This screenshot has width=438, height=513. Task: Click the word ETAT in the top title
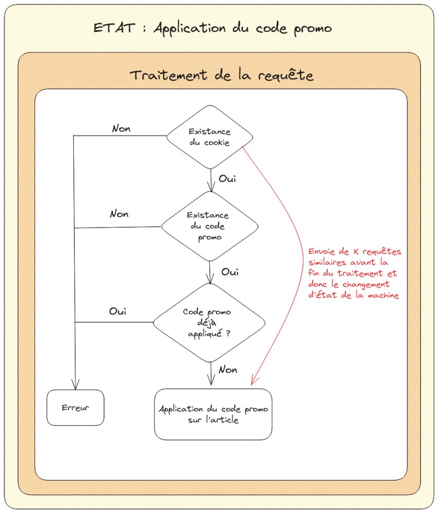(x=110, y=28)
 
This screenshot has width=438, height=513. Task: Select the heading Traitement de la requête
(x=221, y=75)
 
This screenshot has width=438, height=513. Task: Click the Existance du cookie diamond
(x=210, y=137)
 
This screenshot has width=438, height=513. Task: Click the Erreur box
(x=75, y=408)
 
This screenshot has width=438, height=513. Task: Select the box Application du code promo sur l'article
(x=213, y=415)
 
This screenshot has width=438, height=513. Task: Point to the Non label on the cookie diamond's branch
(x=121, y=128)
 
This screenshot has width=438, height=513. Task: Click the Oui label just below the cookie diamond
(x=227, y=179)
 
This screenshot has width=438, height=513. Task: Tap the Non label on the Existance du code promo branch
(x=119, y=213)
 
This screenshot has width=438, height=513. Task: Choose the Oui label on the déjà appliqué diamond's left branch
(x=118, y=311)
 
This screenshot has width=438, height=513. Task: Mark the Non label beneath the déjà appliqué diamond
(x=227, y=369)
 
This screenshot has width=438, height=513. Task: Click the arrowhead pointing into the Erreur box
(x=75, y=386)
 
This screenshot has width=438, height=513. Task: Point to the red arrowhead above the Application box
(x=252, y=382)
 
